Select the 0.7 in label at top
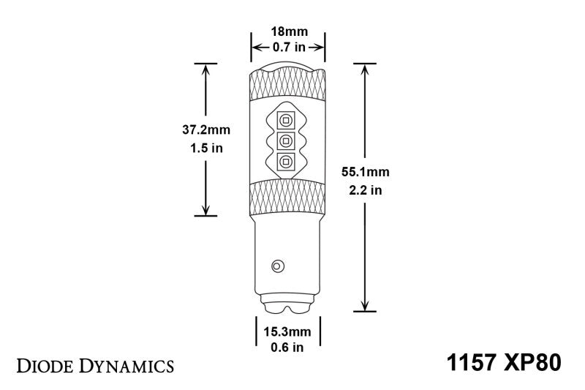click(x=288, y=47)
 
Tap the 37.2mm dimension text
click(x=206, y=130)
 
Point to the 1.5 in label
click(x=206, y=148)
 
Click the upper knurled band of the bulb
click(x=287, y=87)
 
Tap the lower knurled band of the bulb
click(x=287, y=195)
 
